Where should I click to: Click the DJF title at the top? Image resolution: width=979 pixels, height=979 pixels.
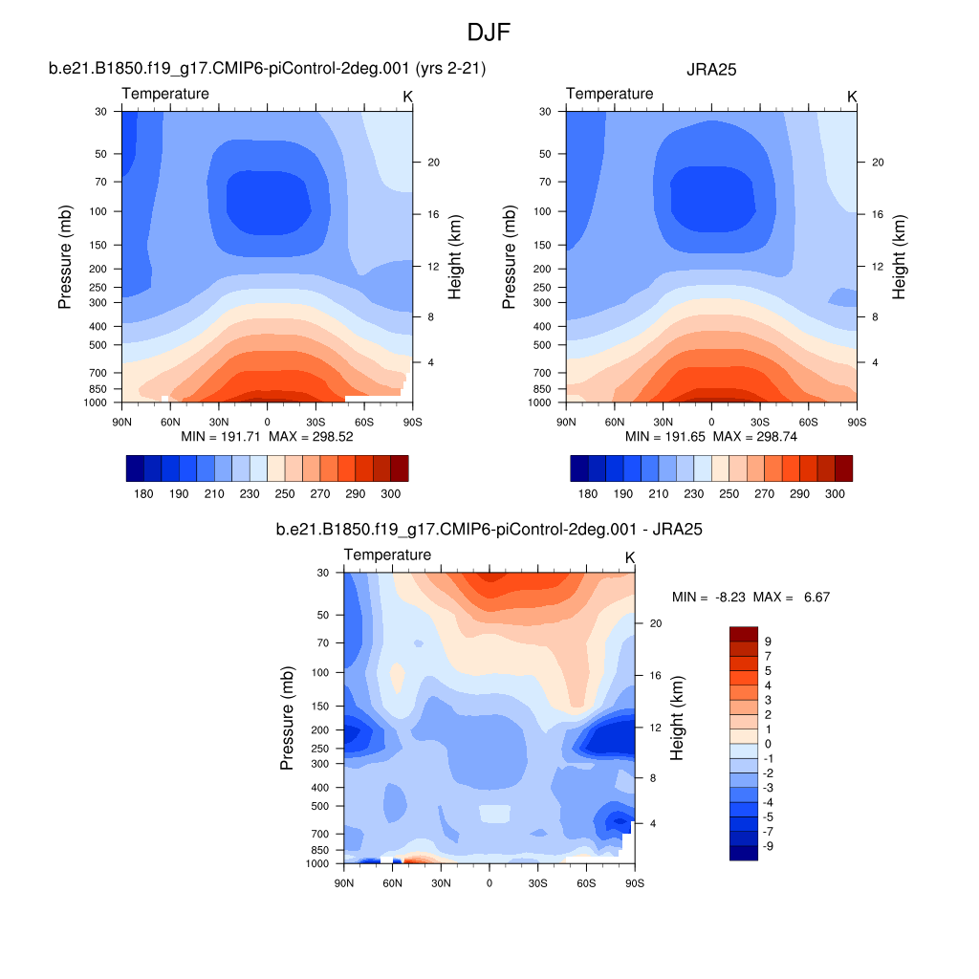[489, 33]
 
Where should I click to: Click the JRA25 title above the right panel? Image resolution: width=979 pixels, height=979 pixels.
[710, 69]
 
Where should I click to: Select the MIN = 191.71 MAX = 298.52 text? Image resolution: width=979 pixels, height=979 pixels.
[267, 437]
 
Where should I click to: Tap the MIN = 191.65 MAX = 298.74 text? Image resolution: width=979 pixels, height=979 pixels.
[711, 437]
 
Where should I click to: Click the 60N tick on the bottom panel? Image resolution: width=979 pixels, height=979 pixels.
[392, 882]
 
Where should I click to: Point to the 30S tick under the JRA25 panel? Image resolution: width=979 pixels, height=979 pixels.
[760, 421]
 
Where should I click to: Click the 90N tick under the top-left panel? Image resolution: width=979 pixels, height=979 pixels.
[121, 421]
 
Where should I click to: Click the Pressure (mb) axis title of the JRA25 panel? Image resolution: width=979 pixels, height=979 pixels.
[509, 257]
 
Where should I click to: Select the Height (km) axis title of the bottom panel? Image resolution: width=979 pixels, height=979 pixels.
[678, 718]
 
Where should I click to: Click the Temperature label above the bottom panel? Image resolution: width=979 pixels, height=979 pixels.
[387, 555]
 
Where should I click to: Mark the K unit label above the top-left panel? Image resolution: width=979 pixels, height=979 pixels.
[408, 97]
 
